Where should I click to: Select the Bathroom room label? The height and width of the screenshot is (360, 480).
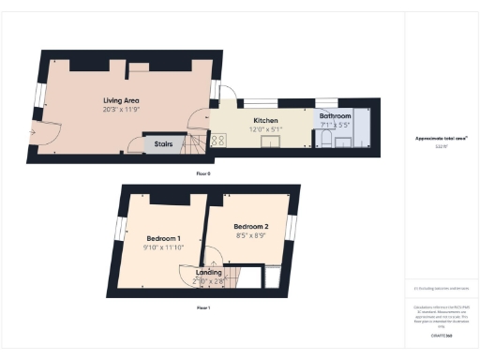click(335, 116)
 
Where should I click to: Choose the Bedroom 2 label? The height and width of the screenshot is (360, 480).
click(251, 227)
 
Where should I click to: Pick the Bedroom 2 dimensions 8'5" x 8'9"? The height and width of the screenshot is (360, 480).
click(251, 236)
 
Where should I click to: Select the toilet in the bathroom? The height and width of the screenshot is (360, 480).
click(324, 138)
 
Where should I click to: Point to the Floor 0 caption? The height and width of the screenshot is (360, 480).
click(202, 173)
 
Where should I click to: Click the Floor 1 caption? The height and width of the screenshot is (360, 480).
click(202, 307)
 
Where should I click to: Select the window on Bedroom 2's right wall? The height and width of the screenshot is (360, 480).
click(292, 228)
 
